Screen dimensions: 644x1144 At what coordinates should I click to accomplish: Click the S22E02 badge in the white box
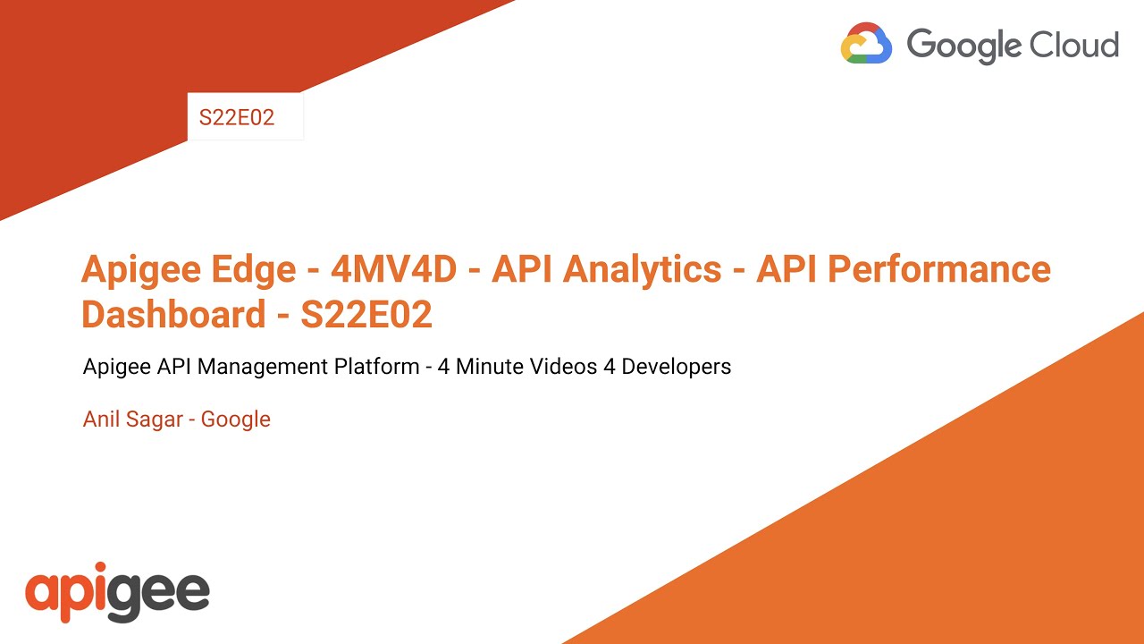tap(237, 118)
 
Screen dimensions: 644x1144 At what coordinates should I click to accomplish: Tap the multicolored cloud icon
tap(866, 44)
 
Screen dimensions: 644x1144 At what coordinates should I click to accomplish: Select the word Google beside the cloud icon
tap(963, 45)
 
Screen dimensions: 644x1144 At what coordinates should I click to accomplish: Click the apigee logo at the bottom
tap(117, 591)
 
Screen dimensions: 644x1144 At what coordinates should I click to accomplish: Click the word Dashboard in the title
tap(172, 315)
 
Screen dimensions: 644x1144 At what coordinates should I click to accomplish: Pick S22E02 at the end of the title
tap(366, 315)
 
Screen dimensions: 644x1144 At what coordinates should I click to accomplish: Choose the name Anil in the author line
tap(101, 419)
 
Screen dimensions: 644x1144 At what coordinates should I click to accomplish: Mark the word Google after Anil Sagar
tap(236, 419)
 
